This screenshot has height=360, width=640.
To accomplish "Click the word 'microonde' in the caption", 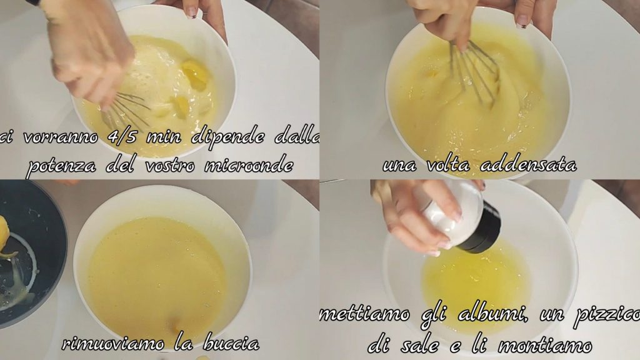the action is click(x=249, y=166).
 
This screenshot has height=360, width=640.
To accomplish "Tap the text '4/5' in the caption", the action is click(x=122, y=136).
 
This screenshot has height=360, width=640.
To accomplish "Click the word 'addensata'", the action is click(x=528, y=165).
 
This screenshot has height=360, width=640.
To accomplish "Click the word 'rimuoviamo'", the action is click(x=113, y=343).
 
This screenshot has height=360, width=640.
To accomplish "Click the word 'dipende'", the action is click(x=227, y=137).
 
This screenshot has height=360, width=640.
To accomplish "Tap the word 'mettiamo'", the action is click(x=364, y=315).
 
